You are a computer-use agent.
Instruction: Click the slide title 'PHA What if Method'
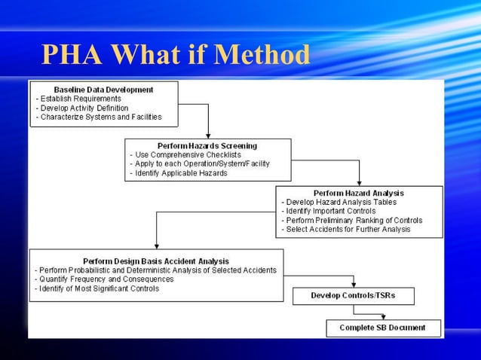(176, 55)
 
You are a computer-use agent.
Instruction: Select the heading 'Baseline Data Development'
(103, 90)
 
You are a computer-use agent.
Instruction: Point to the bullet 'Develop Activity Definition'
(84, 108)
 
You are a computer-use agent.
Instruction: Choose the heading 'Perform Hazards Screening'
(207, 145)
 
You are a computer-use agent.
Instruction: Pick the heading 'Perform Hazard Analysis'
(359, 193)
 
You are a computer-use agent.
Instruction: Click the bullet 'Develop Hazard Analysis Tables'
(340, 202)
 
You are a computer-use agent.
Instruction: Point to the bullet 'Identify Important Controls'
(329, 211)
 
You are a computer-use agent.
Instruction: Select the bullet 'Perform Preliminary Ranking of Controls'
(353, 220)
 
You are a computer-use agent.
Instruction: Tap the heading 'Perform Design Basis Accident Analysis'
(156, 261)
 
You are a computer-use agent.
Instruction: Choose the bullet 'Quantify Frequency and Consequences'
(105, 279)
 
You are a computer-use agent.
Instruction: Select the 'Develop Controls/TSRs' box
(353, 295)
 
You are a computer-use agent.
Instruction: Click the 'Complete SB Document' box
(382, 328)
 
